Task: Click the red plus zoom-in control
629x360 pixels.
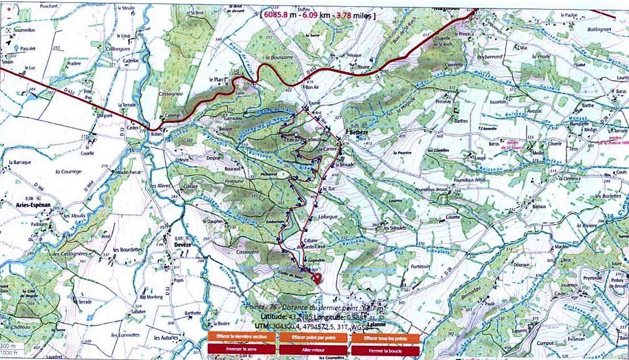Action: tap(9, 10)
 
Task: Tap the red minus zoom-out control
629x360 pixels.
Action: tap(9, 19)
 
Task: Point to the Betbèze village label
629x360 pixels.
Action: tap(359, 132)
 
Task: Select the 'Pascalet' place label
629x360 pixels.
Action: tap(29, 49)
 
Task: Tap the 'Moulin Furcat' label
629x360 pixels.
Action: tap(127, 172)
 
